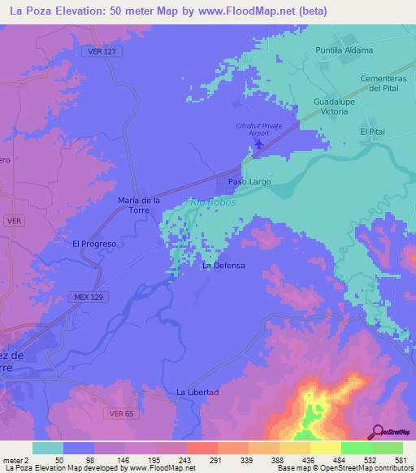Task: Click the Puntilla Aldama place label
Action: pos(344,50)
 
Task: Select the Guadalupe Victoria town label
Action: pos(331,107)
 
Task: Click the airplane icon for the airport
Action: pos(259,145)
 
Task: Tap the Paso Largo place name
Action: pos(249,182)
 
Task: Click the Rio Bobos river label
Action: pos(214,202)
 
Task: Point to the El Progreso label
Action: pos(95,243)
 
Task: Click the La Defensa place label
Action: pos(223,265)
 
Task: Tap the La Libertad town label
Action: pos(198,393)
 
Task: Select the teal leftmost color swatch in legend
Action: pos(47,448)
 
